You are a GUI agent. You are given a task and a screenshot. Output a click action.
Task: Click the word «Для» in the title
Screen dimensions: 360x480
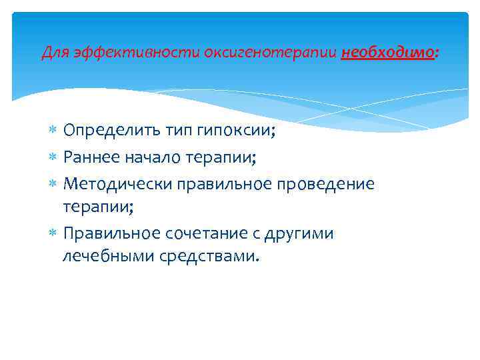pos(53,53)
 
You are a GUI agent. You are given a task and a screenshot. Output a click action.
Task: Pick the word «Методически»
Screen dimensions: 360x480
pos(110,183)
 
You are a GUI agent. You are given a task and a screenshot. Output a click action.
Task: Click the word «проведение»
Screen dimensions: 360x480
pos(327,183)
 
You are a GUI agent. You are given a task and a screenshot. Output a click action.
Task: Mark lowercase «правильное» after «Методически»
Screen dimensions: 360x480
pos(218,183)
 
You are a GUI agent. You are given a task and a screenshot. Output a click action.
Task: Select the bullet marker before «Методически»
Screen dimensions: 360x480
pos(53,184)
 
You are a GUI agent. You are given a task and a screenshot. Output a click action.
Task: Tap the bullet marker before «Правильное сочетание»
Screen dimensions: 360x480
pos(53,234)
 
